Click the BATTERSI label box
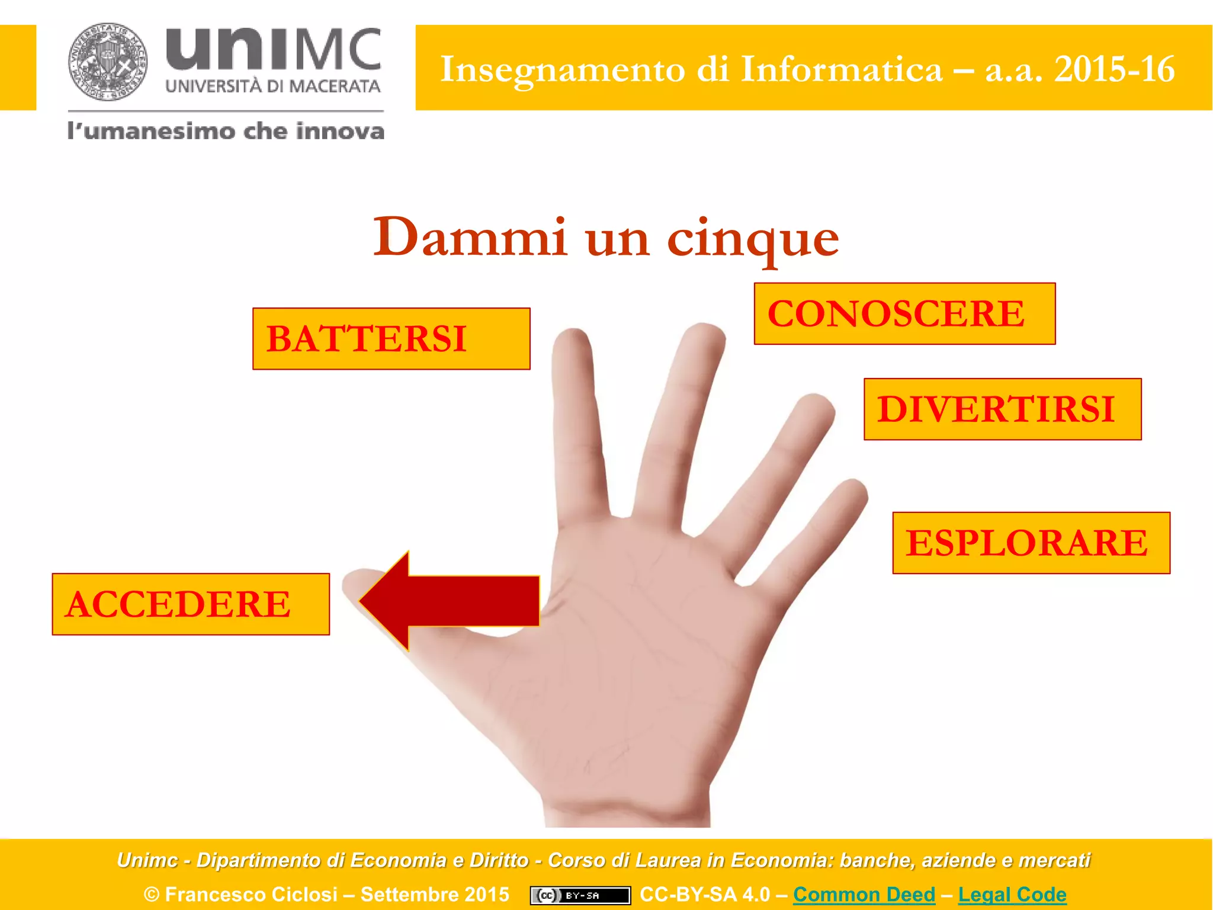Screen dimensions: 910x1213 [391, 339]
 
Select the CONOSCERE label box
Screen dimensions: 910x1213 [904, 313]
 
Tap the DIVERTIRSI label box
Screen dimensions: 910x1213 [1002, 409]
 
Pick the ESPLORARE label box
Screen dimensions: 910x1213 [1031, 543]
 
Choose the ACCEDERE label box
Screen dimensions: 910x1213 [191, 604]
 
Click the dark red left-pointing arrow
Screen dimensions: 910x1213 [450, 601]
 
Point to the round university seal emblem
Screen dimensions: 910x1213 [108, 62]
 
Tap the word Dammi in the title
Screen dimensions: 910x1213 [470, 237]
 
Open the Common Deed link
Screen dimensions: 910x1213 [864, 895]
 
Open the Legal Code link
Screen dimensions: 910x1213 [1012, 895]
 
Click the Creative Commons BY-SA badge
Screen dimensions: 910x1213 [580, 895]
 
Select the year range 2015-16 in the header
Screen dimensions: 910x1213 [1114, 69]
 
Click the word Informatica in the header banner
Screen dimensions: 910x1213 [842, 69]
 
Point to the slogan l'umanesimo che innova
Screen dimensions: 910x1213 [226, 131]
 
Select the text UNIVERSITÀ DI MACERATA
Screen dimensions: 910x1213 [273, 86]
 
